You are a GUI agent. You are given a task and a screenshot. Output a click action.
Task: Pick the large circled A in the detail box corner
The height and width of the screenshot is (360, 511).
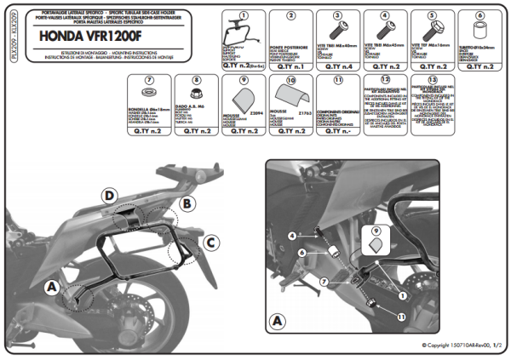coord(277,322)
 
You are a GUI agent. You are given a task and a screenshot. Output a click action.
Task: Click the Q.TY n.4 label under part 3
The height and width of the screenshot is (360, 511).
coord(337,65)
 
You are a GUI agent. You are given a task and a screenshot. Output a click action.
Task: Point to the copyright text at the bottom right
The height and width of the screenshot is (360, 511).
coord(461,345)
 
